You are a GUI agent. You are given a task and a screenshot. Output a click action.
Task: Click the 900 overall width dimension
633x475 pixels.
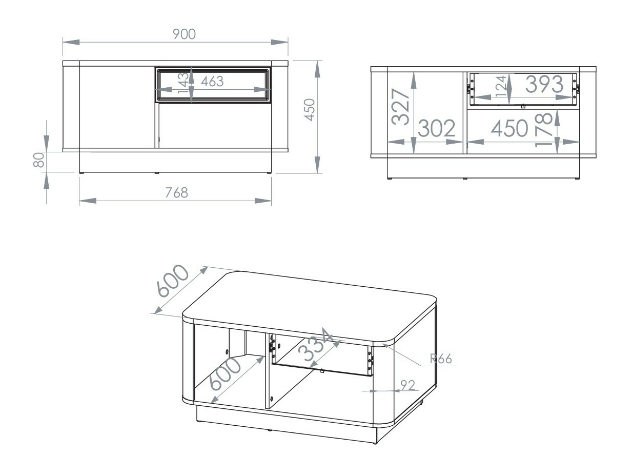[x=184, y=34]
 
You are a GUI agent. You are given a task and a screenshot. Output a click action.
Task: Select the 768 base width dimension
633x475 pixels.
[x=176, y=193]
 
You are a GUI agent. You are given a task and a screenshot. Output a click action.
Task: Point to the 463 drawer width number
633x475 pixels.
[x=212, y=81]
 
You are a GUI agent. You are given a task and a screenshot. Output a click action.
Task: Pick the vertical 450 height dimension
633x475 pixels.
[x=310, y=110]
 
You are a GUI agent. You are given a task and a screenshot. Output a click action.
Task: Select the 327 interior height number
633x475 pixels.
[x=400, y=107]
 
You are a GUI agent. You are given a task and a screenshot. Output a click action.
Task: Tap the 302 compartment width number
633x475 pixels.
[x=436, y=129]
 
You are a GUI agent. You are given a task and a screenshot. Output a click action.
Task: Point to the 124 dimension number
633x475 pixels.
[x=501, y=86]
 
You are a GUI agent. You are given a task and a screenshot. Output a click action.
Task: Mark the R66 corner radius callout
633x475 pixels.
[x=441, y=359]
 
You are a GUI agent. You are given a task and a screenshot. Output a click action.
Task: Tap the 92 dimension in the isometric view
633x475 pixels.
[x=408, y=385]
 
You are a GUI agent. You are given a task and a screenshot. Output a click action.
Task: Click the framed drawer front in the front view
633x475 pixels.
[x=213, y=85]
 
